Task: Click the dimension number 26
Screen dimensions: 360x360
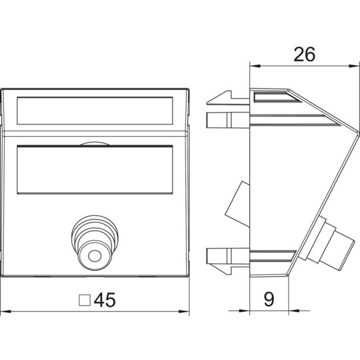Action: pyautogui.click(x=304, y=55)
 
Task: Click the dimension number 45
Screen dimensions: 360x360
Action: pyautogui.click(x=105, y=300)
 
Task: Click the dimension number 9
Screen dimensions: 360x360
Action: pyautogui.click(x=269, y=299)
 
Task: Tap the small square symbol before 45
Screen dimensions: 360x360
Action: pyautogui.click(x=85, y=300)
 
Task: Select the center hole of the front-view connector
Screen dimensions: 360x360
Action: pyautogui.click(x=95, y=256)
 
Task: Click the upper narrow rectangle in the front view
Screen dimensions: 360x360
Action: pyautogui.click(x=95, y=111)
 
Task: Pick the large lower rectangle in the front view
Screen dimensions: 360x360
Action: pyautogui.click(x=95, y=169)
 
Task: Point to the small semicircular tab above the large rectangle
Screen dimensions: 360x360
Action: pyautogui.click(x=95, y=143)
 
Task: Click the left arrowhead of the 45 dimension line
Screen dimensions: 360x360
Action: pyautogui.click(x=6, y=312)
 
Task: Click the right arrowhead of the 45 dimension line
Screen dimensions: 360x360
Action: pyautogui.click(x=184, y=312)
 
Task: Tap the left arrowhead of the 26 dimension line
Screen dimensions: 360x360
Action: pyautogui.click(x=255, y=66)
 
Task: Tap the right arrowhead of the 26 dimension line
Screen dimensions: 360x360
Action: pyautogui.click(x=353, y=66)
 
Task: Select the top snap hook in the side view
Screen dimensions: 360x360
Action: pyautogui.click(x=227, y=98)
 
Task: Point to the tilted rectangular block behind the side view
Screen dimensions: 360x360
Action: pyautogui.click(x=237, y=204)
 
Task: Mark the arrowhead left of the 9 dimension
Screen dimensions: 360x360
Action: pyautogui.click(x=244, y=311)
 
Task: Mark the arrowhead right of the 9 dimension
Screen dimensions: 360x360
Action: pyautogui.click(x=294, y=311)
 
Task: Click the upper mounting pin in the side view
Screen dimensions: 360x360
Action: pyautogui.click(x=228, y=120)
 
